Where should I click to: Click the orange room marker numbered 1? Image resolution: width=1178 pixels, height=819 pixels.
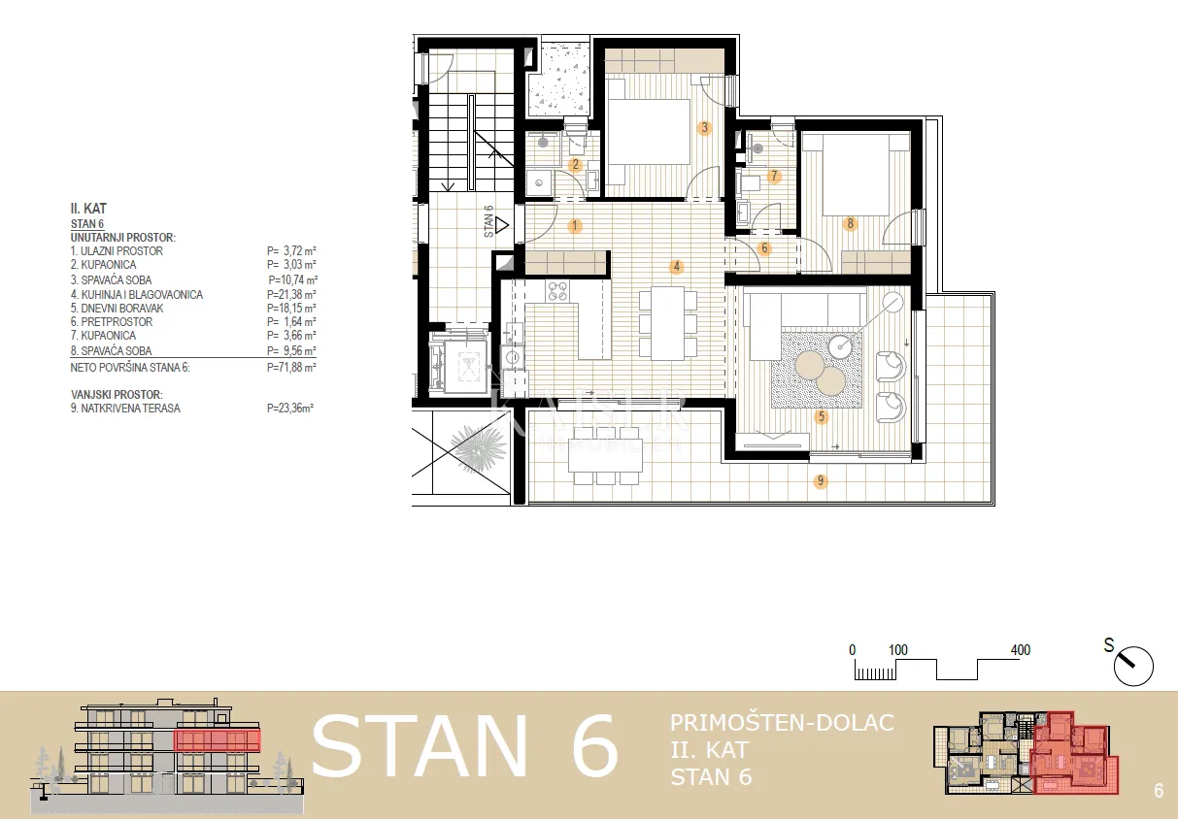click(574, 226)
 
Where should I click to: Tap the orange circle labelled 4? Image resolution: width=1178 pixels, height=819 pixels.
click(676, 266)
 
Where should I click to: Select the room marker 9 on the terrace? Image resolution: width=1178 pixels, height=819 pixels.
click(820, 480)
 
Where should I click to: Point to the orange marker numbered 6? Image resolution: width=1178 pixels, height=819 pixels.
click(764, 248)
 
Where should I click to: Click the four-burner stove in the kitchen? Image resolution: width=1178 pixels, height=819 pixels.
click(557, 291)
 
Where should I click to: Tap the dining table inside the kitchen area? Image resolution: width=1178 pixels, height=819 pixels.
click(668, 323)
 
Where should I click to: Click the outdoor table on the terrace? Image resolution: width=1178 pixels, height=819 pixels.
click(605, 455)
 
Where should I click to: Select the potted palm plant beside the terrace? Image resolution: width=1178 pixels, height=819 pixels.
click(478, 447)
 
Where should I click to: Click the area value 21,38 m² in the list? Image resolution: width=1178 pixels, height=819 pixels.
click(291, 295)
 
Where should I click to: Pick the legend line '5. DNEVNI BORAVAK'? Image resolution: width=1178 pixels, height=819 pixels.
click(117, 309)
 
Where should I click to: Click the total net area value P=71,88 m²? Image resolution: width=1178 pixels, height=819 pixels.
click(291, 367)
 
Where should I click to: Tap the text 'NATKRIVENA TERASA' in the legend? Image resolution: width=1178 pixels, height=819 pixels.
click(130, 409)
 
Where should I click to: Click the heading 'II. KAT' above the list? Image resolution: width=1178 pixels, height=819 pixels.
click(88, 209)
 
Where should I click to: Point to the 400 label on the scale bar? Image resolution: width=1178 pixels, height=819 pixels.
click(1021, 650)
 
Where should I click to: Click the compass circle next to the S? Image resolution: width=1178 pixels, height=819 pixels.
click(1133, 666)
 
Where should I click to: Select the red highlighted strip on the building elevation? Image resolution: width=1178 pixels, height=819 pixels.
click(218, 740)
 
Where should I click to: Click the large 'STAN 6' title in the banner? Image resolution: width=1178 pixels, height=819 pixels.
click(465, 746)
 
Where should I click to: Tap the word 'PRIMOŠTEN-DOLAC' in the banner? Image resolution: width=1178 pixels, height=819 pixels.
click(782, 723)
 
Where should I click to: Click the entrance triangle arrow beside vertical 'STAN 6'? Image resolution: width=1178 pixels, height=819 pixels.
click(502, 225)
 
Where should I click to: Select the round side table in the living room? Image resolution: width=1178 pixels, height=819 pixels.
click(840, 345)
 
